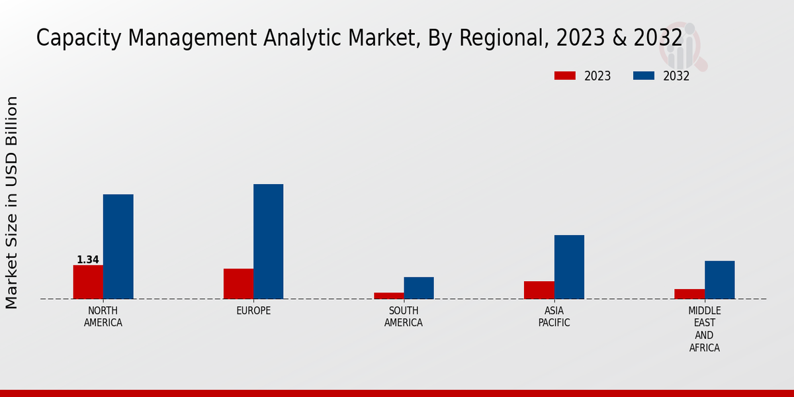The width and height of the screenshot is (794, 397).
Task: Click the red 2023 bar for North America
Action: click(88, 282)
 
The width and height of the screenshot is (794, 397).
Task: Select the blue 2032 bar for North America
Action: click(118, 246)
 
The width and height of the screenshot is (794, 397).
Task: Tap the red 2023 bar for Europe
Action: click(238, 283)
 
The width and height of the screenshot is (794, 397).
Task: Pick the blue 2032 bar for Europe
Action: click(268, 241)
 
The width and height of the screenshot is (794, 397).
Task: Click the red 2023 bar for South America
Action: click(388, 295)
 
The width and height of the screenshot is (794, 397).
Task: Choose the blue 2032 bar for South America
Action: click(419, 288)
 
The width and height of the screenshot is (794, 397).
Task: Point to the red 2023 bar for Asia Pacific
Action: click(539, 290)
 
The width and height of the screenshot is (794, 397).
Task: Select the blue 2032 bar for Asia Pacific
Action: click(569, 267)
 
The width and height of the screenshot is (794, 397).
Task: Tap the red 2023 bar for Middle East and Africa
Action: click(689, 294)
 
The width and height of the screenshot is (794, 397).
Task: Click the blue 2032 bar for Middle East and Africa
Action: click(719, 279)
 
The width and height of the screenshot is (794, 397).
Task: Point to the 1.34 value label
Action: click(88, 260)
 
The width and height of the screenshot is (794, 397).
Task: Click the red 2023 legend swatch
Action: click(564, 76)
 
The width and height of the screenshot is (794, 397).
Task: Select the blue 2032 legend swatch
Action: click(643, 76)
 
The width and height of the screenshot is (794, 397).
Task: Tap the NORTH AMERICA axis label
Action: click(103, 317)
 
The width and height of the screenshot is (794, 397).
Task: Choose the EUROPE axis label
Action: click(253, 311)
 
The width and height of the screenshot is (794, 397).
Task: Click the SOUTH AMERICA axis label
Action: click(404, 317)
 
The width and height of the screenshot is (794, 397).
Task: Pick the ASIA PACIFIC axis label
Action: click(554, 317)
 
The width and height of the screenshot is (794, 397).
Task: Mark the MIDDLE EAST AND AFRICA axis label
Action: click(704, 329)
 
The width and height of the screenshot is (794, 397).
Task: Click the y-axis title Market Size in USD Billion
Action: click(12, 202)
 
